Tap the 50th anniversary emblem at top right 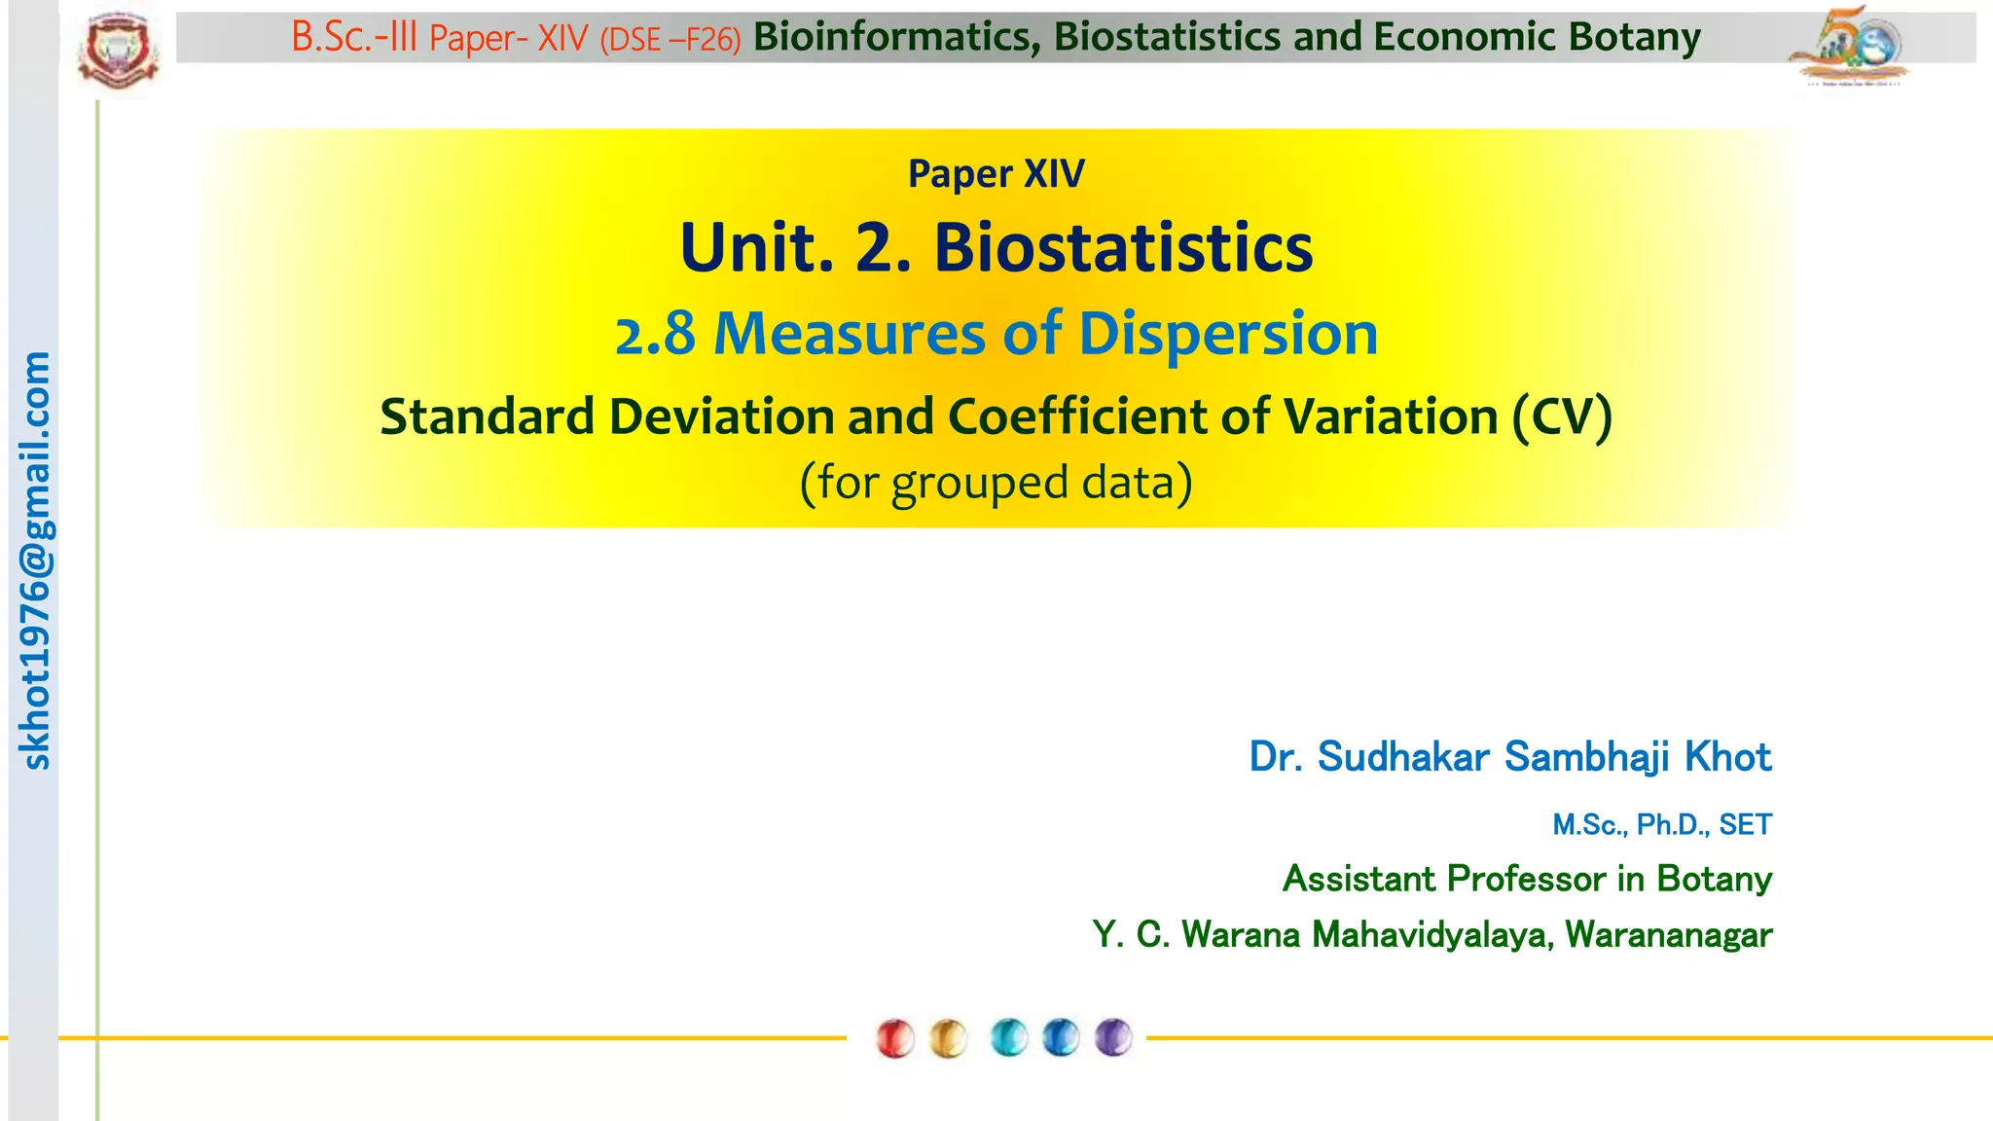1849,46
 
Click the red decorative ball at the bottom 894,1038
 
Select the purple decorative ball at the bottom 1113,1037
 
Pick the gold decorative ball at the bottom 948,1038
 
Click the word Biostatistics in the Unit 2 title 1123,247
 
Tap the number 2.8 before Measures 655,334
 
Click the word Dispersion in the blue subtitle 1228,334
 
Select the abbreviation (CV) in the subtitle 1562,416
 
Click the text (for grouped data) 996,482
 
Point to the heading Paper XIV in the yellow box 996,174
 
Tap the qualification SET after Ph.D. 1745,824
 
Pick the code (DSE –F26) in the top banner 670,40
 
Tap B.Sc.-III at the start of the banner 354,38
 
